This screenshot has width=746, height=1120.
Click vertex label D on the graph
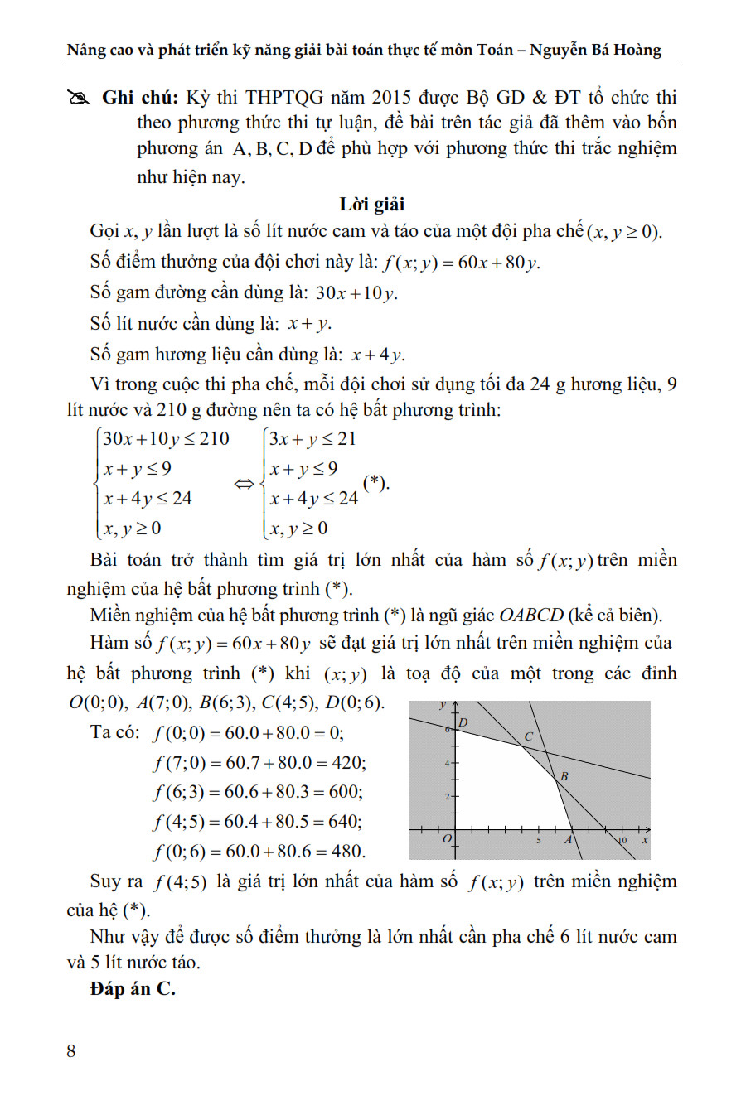click(463, 722)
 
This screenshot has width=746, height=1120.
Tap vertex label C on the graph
click(528, 736)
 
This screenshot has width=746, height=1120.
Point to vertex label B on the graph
click(564, 776)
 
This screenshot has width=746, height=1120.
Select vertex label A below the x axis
click(569, 839)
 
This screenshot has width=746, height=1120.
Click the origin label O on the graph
click(447, 839)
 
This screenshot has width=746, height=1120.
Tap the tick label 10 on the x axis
click(622, 840)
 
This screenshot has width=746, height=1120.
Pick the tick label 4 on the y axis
click(447, 763)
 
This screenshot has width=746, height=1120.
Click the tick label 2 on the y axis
click(447, 797)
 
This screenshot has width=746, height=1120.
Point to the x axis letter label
click(645, 840)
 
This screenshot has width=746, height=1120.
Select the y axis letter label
click(443, 705)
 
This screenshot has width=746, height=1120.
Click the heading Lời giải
click(372, 204)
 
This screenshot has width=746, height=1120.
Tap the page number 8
click(71, 1050)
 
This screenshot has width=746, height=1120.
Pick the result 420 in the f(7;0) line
click(348, 762)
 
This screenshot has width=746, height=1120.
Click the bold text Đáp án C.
click(133, 988)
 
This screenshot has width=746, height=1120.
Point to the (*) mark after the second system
click(375, 483)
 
